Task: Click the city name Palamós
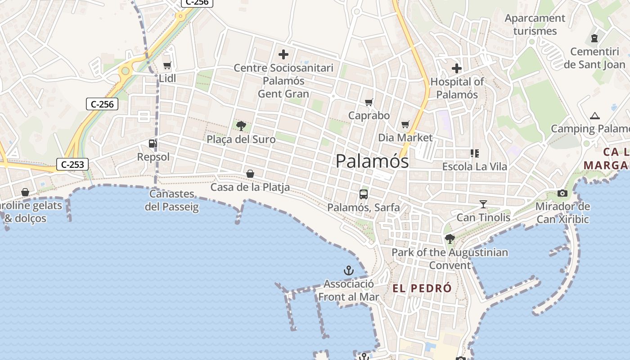[372, 161]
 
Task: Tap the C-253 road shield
[72, 165]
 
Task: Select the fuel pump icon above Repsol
[153, 144]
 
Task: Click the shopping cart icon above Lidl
[167, 66]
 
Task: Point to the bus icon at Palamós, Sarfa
[364, 194]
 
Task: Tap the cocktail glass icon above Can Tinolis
[483, 204]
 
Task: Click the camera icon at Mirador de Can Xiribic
[562, 193]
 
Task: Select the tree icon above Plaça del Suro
[241, 126]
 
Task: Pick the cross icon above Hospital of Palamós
[457, 68]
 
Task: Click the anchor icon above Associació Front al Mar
[349, 270]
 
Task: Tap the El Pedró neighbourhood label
[422, 288]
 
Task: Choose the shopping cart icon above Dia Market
[405, 124]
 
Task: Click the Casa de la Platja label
[250, 187]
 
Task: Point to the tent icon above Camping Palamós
[595, 116]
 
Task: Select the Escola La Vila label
[474, 166]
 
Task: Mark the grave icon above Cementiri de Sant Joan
[594, 38]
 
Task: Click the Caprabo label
[369, 116]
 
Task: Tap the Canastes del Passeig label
[172, 200]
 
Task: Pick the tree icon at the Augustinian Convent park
[449, 238]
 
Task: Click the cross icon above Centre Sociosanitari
[283, 55]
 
